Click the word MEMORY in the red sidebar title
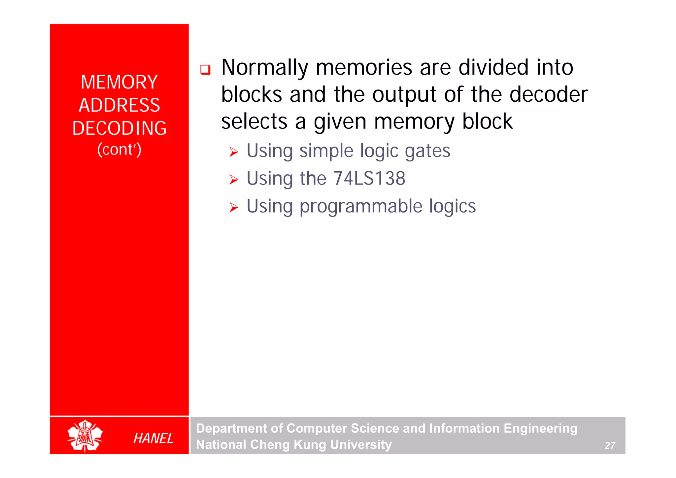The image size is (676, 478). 119,82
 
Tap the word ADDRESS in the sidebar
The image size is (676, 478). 119,105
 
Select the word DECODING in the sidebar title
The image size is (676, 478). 119,128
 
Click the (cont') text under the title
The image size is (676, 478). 119,150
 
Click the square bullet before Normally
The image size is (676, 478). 205,70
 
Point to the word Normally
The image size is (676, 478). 264,68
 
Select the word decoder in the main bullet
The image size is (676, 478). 548,94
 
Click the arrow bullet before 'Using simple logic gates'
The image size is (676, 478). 234,152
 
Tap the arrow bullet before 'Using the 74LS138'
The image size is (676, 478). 234,180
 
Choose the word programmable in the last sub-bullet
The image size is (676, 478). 361,206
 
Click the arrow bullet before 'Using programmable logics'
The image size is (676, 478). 234,207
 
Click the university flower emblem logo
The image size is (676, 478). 85,436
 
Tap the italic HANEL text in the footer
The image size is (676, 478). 153,438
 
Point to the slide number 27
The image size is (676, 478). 610,445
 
